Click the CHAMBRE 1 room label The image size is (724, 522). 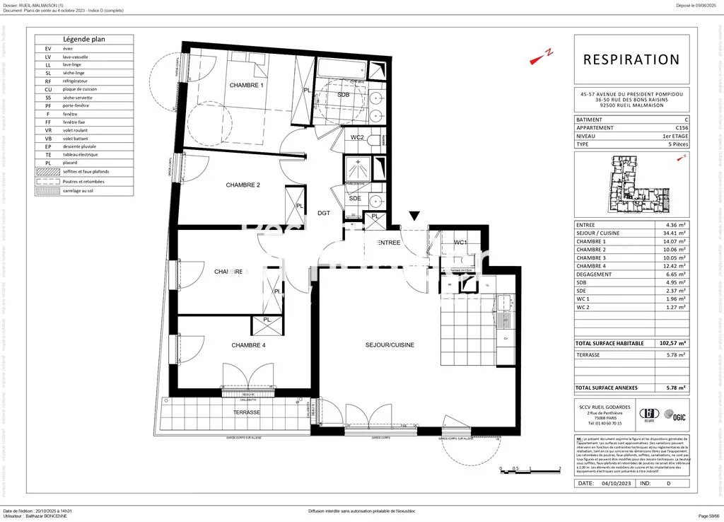click(x=246, y=86)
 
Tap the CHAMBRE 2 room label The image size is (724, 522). click(x=243, y=185)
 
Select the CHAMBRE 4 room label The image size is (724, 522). click(x=249, y=345)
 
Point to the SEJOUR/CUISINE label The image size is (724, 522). click(x=390, y=345)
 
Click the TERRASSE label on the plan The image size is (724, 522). click(x=247, y=412)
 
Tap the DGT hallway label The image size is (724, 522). click(x=325, y=212)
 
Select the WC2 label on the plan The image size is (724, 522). click(x=358, y=137)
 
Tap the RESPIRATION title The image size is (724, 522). click(x=631, y=60)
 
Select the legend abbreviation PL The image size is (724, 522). click(x=48, y=163)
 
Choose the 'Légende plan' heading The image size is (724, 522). click(x=84, y=40)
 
